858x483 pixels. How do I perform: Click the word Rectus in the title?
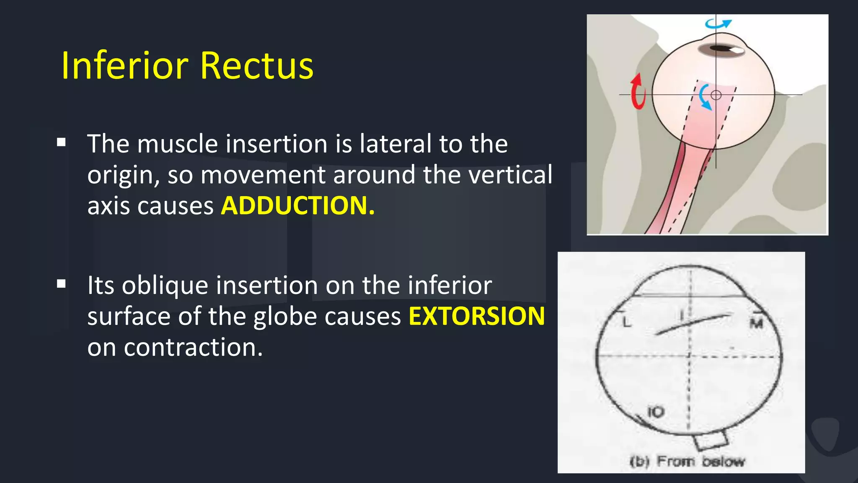point(256,65)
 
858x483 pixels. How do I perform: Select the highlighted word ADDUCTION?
point(297,205)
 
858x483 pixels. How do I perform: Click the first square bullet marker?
point(62,142)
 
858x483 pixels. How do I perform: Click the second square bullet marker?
point(62,284)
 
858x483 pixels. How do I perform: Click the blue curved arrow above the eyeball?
point(718,23)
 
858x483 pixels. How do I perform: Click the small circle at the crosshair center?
point(716,95)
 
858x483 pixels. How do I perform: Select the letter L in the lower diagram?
point(626,322)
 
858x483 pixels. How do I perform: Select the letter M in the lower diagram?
point(756,323)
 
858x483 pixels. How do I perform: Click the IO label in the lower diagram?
point(656,412)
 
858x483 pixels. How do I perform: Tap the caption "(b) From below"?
point(687,461)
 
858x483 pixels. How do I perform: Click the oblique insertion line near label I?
point(693,324)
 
